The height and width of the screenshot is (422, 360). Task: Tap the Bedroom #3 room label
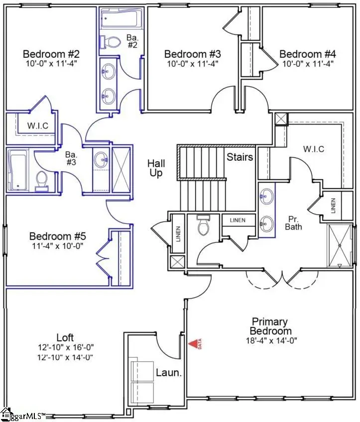[x=193, y=54]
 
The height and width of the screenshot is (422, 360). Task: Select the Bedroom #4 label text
[x=307, y=54]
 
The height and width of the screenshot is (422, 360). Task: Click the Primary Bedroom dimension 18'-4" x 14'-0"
[x=271, y=341]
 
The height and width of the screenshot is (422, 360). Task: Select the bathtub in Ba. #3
[x=19, y=171]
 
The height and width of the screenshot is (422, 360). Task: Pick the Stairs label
[x=240, y=157]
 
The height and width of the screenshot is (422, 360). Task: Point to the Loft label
[x=65, y=338]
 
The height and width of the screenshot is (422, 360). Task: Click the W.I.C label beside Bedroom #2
[x=37, y=125]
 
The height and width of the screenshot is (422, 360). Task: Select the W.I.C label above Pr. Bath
[x=314, y=149]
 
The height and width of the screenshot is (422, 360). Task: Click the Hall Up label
[x=156, y=168]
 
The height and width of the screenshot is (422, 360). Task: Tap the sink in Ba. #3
[x=103, y=159]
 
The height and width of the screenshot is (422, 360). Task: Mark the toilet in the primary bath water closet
[x=203, y=226]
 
